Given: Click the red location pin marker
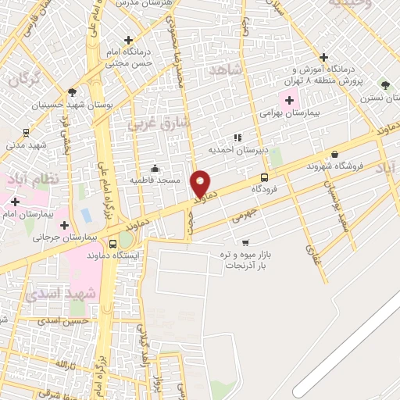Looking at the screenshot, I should click(x=202, y=184).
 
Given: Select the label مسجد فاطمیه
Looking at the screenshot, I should click(x=156, y=180).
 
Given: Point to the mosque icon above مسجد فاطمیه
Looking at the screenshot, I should click(x=155, y=168).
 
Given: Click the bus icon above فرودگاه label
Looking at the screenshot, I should click(x=265, y=177).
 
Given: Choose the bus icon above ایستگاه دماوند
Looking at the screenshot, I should click(x=114, y=244).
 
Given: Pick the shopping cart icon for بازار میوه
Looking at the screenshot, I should click(x=245, y=242).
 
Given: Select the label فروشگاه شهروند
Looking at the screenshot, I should click(x=336, y=166).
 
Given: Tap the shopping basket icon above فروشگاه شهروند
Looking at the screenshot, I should click(x=335, y=155).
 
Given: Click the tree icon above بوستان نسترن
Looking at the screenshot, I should click(x=384, y=84).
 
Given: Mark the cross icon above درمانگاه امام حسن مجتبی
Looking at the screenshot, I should click(x=128, y=40).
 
